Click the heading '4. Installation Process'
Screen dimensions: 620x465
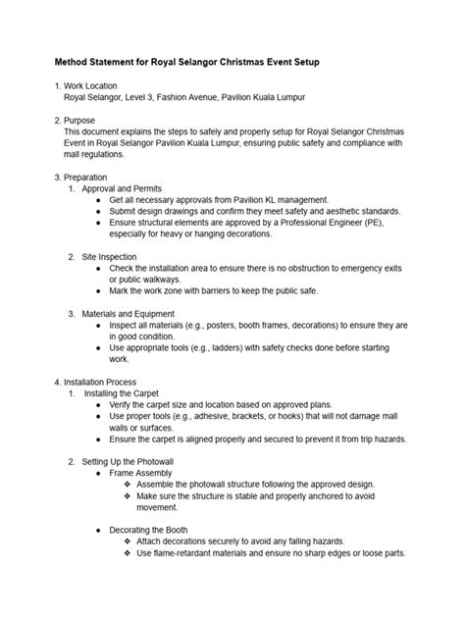point(103,381)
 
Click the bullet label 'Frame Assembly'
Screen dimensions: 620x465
point(144,472)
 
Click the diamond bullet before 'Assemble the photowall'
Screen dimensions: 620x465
point(128,484)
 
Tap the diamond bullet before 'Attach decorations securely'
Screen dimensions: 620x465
point(128,541)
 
